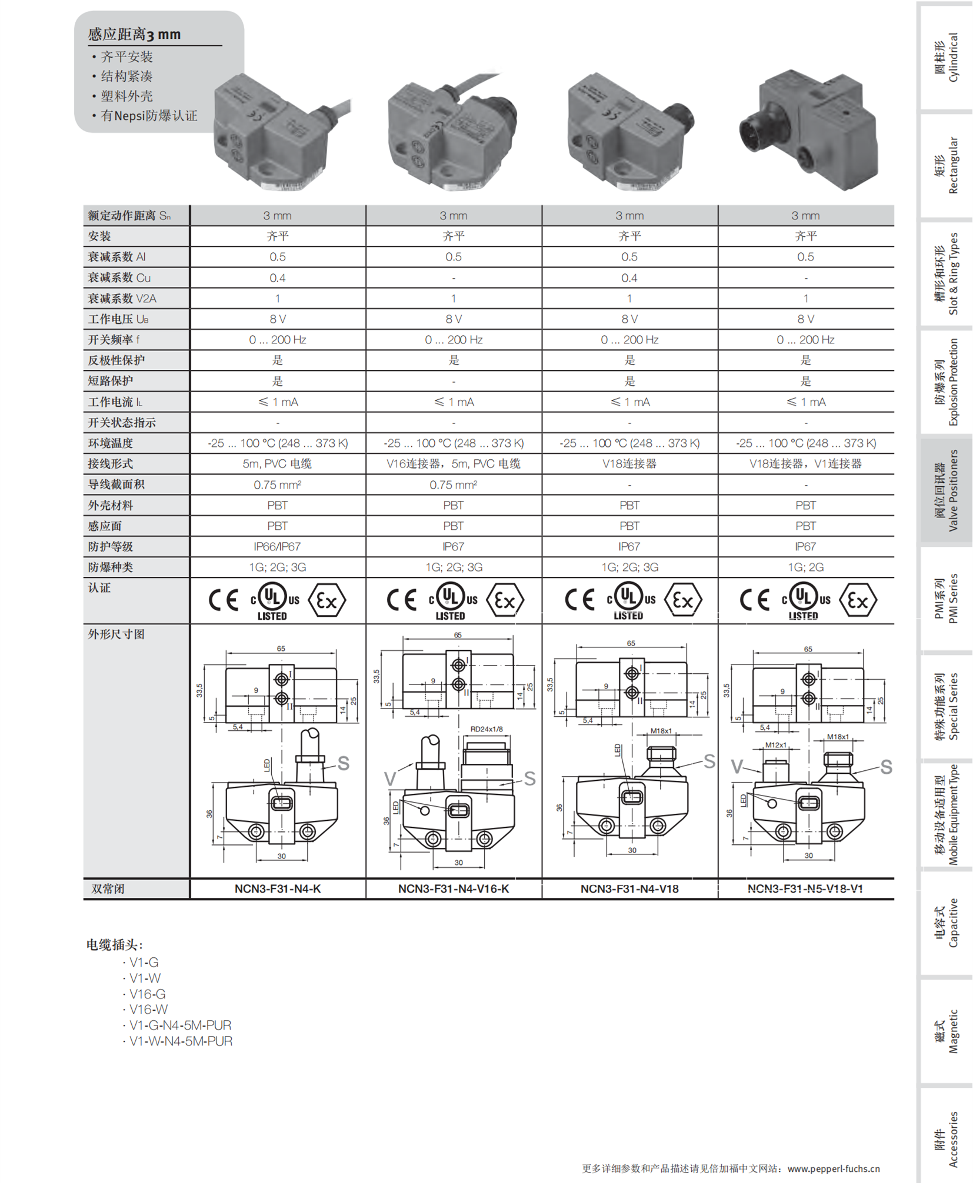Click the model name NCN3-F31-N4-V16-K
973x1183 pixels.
click(453, 888)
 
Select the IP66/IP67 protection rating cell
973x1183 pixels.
click(277, 546)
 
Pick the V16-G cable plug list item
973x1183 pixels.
click(147, 994)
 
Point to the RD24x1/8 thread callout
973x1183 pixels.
click(486, 729)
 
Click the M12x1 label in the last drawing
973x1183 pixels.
click(775, 745)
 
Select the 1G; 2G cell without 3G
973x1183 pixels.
click(805, 567)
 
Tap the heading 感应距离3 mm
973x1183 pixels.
click(135, 34)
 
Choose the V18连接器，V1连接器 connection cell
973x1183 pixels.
click(805, 463)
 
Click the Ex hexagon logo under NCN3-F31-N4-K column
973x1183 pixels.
click(327, 600)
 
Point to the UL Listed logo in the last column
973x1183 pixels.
click(804, 600)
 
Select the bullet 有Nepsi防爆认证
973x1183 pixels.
click(149, 116)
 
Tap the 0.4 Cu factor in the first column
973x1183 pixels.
click(277, 278)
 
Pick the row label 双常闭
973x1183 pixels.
click(108, 888)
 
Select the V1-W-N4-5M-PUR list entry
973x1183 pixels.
click(180, 1041)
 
